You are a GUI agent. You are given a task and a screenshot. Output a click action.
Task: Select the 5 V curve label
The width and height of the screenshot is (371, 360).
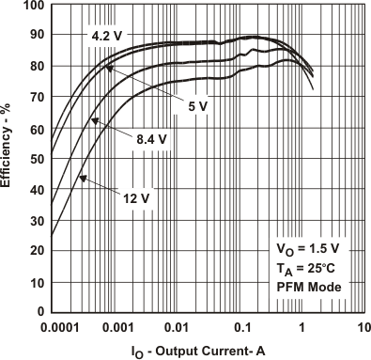coord(197,106)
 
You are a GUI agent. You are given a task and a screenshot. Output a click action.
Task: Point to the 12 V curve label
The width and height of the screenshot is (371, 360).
coord(135,197)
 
